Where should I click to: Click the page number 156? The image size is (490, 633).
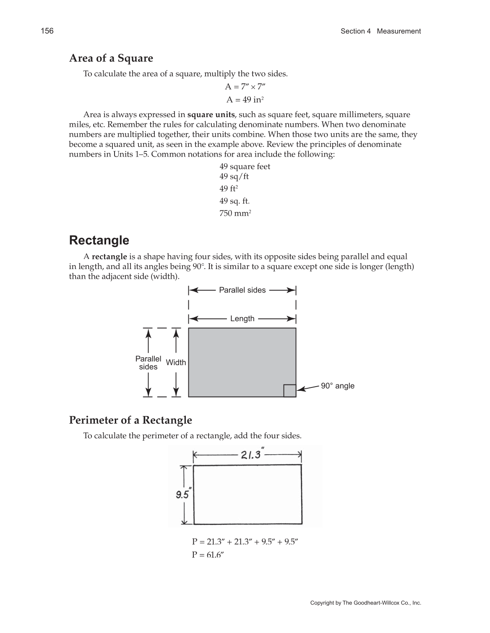47,31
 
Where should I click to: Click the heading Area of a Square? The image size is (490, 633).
111,58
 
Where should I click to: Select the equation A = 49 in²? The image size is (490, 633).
245,99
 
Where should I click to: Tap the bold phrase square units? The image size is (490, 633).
211,115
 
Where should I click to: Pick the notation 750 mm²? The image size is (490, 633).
235,213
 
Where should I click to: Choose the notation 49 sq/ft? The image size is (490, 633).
234,176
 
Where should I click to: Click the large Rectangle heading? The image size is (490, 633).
99,241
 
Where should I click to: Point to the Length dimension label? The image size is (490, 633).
242,319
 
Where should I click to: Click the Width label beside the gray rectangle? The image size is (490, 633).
176,362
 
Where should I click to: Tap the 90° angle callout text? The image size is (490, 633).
337,386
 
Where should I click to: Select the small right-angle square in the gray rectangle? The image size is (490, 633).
289,390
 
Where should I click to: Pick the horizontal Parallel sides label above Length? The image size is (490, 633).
242,290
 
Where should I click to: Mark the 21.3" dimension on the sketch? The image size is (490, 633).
251,455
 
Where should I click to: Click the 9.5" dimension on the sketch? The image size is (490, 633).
183,494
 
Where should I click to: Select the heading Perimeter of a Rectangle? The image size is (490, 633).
130,420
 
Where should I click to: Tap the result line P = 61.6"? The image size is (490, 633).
208,555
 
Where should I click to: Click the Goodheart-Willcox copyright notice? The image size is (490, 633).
365,603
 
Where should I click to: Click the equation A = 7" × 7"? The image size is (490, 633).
245,86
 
